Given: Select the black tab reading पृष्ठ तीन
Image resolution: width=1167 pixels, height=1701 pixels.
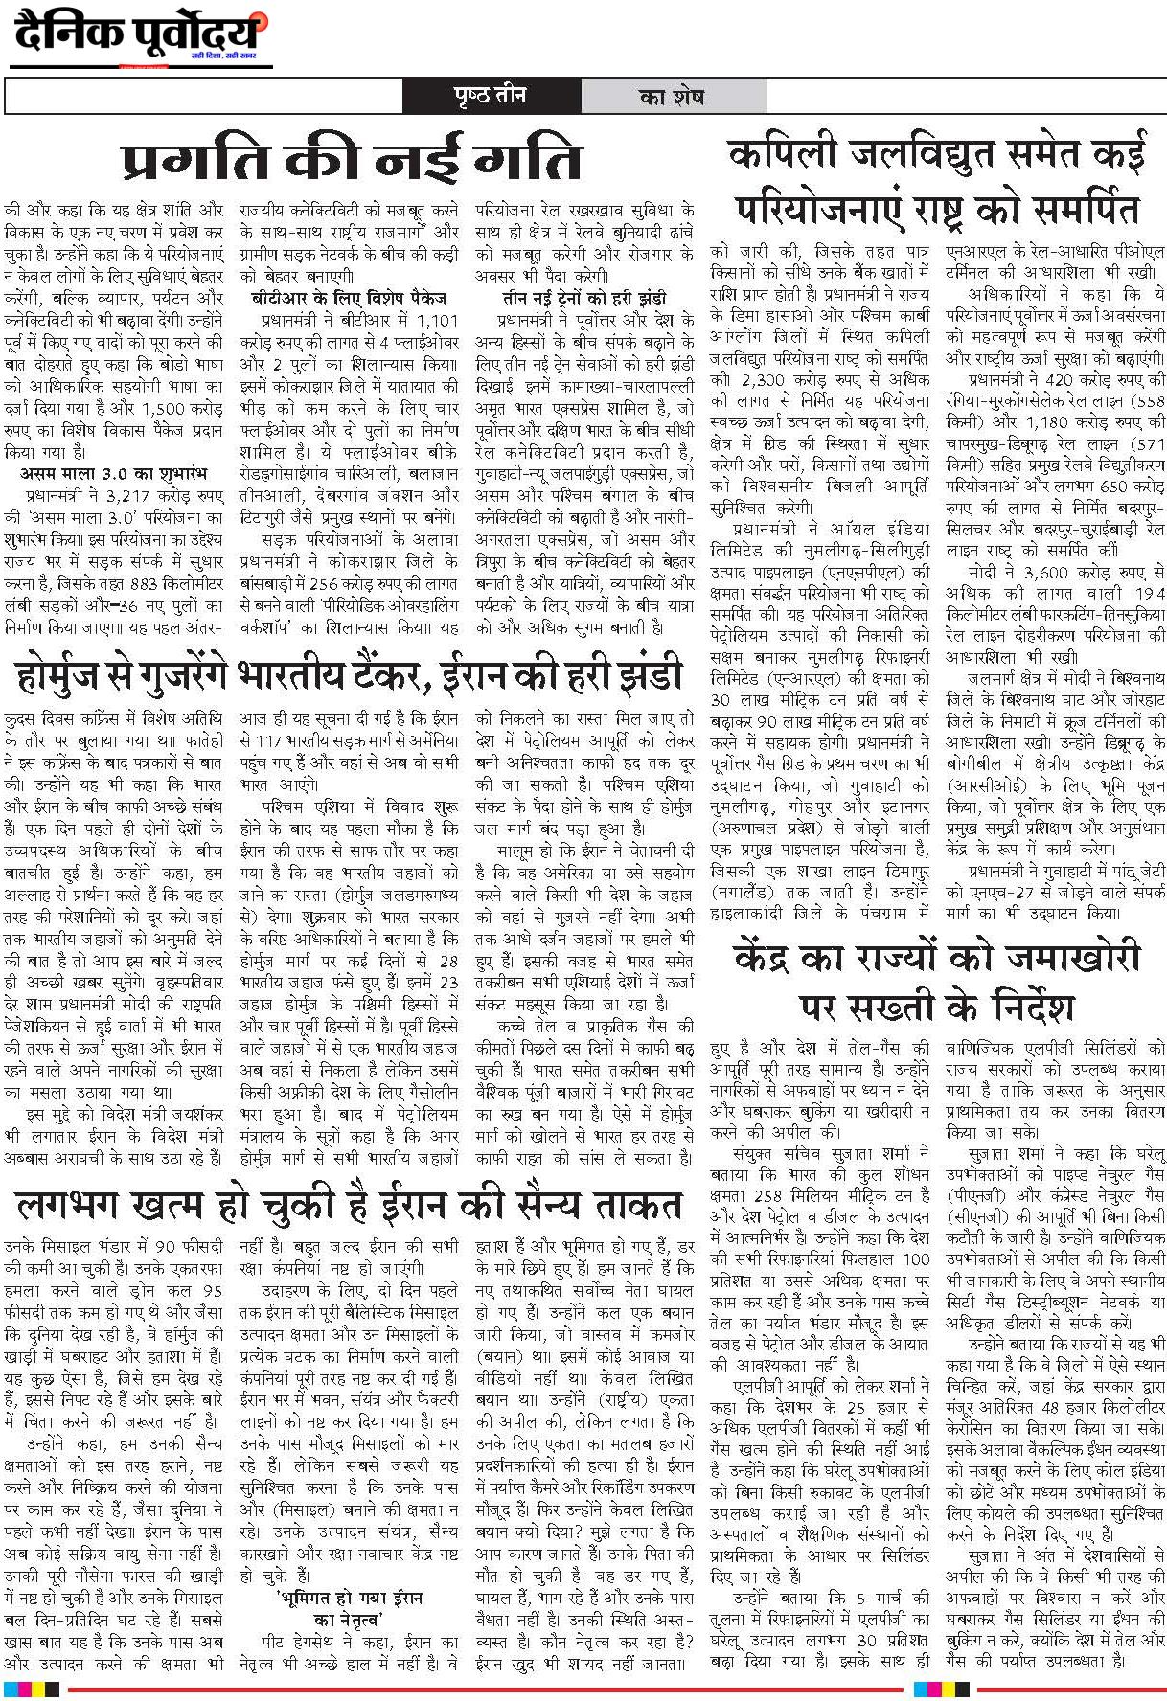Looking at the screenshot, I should [x=491, y=97].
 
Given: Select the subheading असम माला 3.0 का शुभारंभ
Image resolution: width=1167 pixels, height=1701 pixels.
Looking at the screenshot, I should [x=112, y=474].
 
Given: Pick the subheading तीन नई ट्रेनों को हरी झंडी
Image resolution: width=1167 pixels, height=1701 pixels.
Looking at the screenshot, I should [x=583, y=298].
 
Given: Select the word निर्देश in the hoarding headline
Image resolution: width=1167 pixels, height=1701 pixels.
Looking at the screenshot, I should [x=1013, y=1006].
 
